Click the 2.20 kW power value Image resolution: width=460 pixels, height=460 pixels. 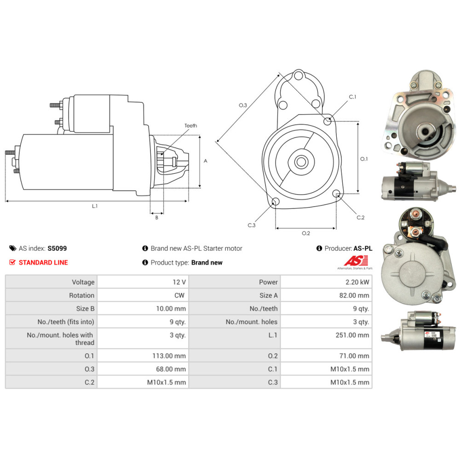pos(359,282)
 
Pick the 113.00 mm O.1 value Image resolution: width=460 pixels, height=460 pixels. pos(171,356)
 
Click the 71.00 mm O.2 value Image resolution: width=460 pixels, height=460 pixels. pos(356,356)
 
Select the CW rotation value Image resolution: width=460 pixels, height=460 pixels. pos(180,295)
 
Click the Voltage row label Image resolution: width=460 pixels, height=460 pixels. pos(83,282)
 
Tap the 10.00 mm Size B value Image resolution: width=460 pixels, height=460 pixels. pos(171,309)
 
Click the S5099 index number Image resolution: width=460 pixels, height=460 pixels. pos(57,248)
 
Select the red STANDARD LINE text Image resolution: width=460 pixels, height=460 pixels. pos(43,263)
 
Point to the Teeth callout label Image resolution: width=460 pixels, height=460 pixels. pos(190,126)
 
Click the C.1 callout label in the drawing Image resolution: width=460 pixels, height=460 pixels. pos(353,97)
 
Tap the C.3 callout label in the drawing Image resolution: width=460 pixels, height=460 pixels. pos(251,225)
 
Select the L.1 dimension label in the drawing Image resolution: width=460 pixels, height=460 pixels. pos(95,207)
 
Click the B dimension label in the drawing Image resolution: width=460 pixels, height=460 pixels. pos(156,218)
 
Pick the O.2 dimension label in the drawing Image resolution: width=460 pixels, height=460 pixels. pos(306,233)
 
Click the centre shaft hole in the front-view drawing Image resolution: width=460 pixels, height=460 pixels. pos(302,161)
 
